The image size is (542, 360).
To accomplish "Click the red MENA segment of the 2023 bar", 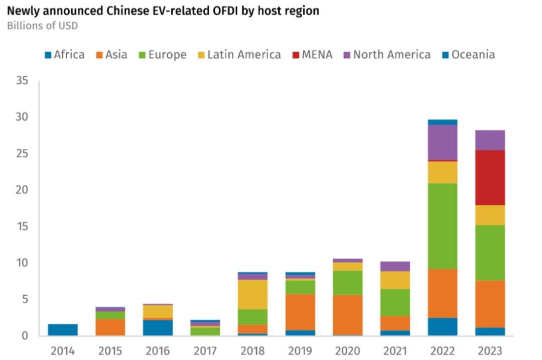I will pyautogui.click(x=490, y=177).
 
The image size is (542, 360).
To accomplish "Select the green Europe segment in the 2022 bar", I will pyautogui.click(x=442, y=226).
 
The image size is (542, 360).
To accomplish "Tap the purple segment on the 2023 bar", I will pyautogui.click(x=490, y=140).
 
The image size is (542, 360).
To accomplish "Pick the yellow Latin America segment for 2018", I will pyautogui.click(x=252, y=294).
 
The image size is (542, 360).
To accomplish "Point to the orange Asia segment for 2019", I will pyautogui.click(x=300, y=312).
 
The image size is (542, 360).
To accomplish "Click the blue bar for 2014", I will pyautogui.click(x=63, y=329).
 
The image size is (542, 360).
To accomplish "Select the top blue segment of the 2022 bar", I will pyautogui.click(x=442, y=122).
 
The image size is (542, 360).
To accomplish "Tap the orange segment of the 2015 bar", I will pyautogui.click(x=110, y=327).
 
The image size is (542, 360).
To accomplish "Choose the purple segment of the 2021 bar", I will pyautogui.click(x=395, y=266).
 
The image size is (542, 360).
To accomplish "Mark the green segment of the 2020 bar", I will pyautogui.click(x=347, y=283).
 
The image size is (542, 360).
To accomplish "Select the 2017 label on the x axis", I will pyautogui.click(x=205, y=350).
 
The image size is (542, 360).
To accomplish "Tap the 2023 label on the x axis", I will pyautogui.click(x=490, y=350).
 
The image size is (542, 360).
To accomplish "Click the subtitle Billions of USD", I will pyautogui.click(x=42, y=26).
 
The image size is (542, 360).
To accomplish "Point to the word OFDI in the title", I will pyautogui.click(x=219, y=11).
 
